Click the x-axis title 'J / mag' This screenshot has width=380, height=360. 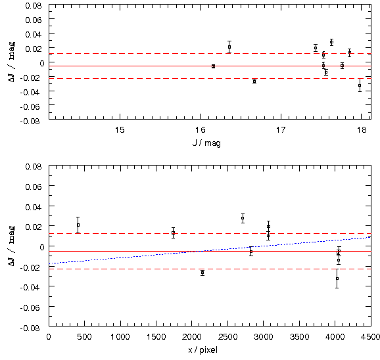point(206,143)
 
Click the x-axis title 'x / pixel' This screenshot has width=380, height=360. point(203,350)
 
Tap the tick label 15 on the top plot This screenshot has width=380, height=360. point(120,130)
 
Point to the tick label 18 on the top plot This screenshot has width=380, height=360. point(362,130)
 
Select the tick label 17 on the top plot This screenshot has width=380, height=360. point(281,130)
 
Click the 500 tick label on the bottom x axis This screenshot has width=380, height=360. point(84,337)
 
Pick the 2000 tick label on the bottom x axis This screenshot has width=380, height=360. point(191,337)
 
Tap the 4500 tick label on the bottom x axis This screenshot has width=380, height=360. point(370,337)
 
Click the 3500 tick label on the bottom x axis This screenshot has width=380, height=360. point(299,337)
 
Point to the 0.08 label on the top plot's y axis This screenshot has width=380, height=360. point(34,5)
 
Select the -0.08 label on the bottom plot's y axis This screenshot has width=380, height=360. point(30,328)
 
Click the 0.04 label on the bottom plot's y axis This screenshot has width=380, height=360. point(34,207)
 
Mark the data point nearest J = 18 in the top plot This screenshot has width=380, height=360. point(360,85)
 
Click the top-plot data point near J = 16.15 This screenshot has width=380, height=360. point(213,66)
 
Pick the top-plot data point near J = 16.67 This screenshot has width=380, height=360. point(254,81)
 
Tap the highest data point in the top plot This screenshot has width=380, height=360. point(331,42)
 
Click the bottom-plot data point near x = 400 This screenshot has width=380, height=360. point(78,225)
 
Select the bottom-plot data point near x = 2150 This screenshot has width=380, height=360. point(202,273)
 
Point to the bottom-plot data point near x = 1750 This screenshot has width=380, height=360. point(174,233)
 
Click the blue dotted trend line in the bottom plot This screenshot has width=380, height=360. point(210,250)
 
